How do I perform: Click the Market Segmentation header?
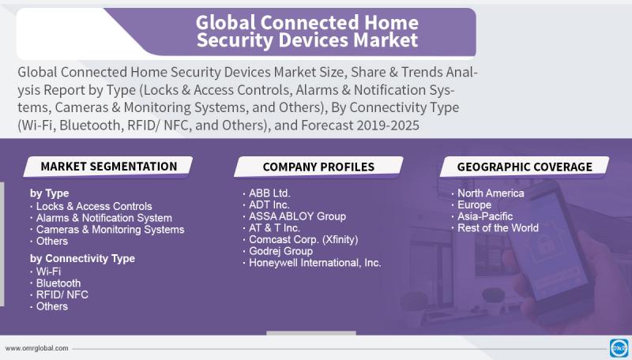pos(109,167)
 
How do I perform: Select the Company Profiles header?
pos(318,167)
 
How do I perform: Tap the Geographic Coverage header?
pos(525,167)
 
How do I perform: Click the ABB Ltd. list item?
pos(269,193)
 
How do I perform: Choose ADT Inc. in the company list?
pos(269,205)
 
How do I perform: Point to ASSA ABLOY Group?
pos(297,216)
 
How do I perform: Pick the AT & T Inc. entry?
pos(274,228)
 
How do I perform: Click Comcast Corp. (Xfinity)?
pos(303,239)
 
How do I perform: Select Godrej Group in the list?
pos(280,251)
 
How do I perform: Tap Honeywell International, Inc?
pos(314,263)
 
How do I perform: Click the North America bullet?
pos(491,193)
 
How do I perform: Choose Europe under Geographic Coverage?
pos(474,205)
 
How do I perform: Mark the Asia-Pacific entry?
pos(485,216)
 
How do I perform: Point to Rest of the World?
pos(498,228)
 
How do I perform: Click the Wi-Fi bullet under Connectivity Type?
pos(48,272)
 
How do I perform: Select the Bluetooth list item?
pos(58,283)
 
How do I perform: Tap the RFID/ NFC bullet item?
pos(62,294)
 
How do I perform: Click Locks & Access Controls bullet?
pos(94,206)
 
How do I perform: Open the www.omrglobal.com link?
pos(36,348)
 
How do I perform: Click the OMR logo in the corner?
pos(620,348)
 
